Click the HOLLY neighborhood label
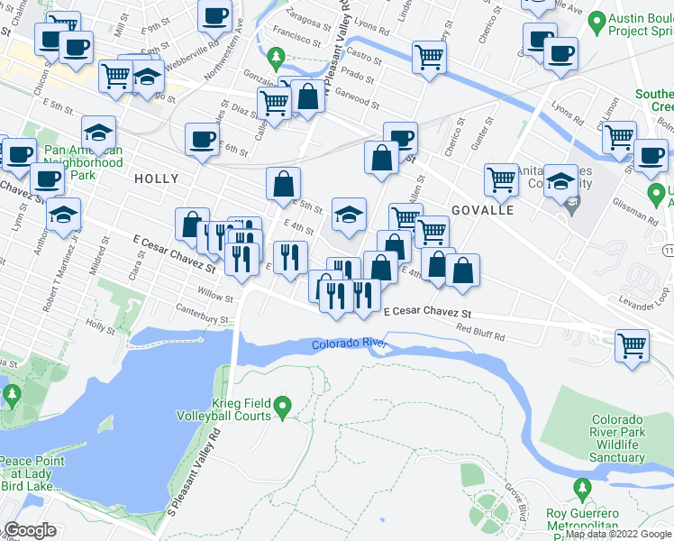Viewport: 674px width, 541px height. [x=156, y=179]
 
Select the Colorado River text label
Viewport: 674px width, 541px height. [x=349, y=344]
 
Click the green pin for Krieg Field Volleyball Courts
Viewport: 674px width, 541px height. [x=282, y=408]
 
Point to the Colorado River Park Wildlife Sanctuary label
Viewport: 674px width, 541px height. [x=618, y=438]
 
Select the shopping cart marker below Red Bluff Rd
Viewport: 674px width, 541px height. [x=633, y=344]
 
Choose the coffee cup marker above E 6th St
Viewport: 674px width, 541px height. [x=202, y=138]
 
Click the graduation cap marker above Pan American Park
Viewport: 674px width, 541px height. [x=98, y=132]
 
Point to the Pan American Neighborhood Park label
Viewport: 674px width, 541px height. [x=83, y=162]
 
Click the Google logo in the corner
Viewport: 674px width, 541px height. [x=30, y=530]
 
